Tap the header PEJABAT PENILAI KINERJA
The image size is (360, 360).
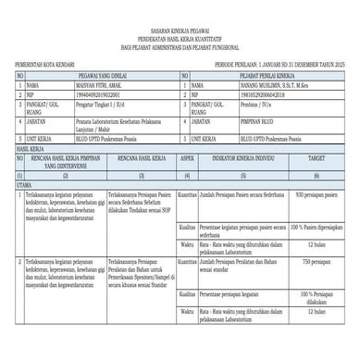point(267,74)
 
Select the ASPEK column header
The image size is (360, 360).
point(186,159)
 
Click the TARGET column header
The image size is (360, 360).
point(316,159)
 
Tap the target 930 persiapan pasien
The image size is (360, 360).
point(317,196)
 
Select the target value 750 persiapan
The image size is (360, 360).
point(317,263)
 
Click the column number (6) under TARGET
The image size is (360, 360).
point(316,175)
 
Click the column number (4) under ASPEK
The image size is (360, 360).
point(186,175)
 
